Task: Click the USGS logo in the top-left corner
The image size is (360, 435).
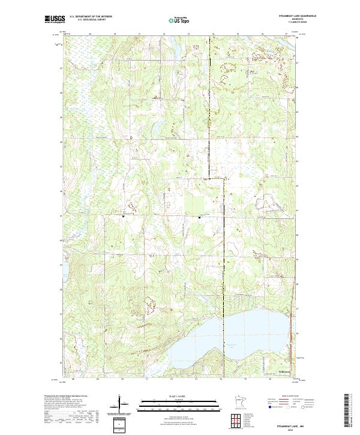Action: [55, 19]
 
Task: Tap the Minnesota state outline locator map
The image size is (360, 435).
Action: [235, 402]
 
